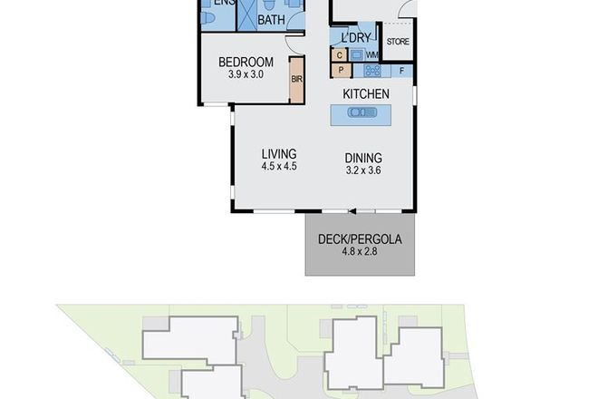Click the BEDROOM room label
[x=246, y=63]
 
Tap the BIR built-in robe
[x=296, y=80]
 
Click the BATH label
[x=272, y=19]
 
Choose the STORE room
[x=399, y=42]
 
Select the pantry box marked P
[x=341, y=70]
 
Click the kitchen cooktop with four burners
[x=371, y=70]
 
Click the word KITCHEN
[x=366, y=94]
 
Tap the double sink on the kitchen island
[x=360, y=112]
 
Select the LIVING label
[x=279, y=153]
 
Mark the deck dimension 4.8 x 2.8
[x=360, y=253]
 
